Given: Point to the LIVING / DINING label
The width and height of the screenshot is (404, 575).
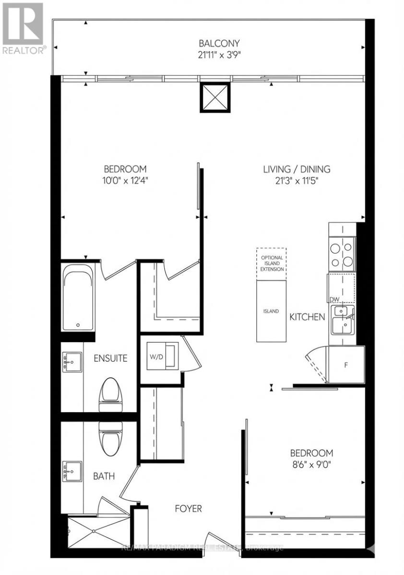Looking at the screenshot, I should point(297,169).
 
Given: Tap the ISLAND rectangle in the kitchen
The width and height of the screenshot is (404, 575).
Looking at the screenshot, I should point(271,311).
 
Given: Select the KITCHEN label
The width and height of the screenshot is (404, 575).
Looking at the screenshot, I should point(307,317).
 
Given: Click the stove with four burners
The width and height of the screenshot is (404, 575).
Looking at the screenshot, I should point(342,255).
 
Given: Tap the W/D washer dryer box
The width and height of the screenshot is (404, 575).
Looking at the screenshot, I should point(162,355).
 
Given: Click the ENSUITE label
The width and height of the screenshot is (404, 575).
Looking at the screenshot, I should point(110,358).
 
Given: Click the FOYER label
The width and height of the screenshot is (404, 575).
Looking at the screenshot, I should point(187,508).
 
